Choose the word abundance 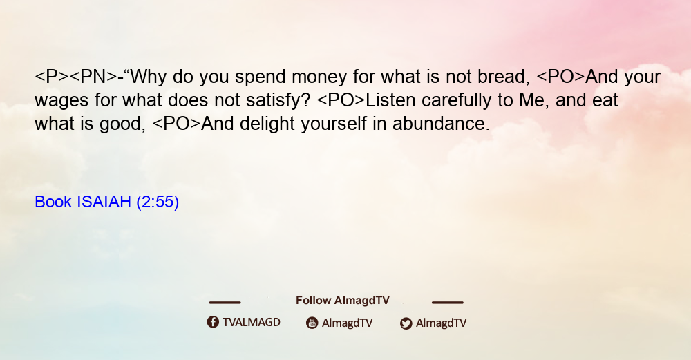point(441,124)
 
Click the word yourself point(334,124)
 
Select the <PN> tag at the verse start point(93,77)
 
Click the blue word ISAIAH point(104,202)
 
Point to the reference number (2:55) point(158,202)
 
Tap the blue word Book point(53,202)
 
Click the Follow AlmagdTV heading point(343,301)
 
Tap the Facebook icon point(213,322)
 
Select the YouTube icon point(312,323)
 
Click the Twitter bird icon point(406,323)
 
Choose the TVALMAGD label point(252,323)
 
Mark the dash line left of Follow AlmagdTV point(225,302)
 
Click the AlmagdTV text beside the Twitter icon point(441,323)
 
